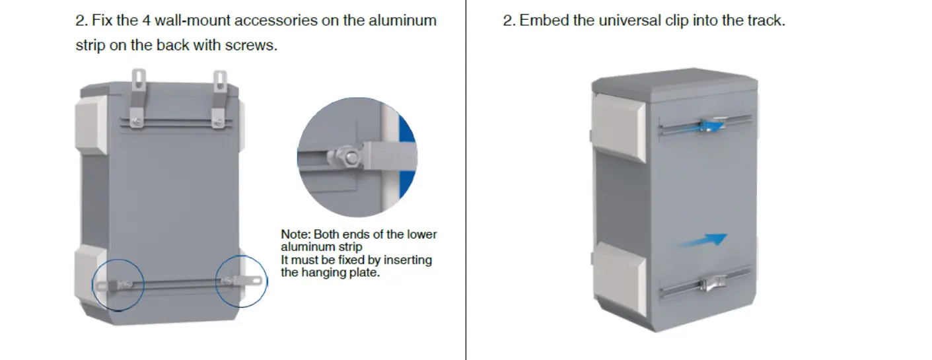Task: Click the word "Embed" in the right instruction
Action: point(544,20)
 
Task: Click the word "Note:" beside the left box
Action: point(295,234)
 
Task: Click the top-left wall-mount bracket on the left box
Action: point(137,98)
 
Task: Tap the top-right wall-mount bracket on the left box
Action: point(219,99)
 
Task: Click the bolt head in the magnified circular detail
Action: point(350,157)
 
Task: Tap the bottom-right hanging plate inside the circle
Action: point(242,281)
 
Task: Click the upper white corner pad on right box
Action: point(618,127)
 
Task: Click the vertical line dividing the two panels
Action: point(466,180)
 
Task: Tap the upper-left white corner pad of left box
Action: point(90,124)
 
